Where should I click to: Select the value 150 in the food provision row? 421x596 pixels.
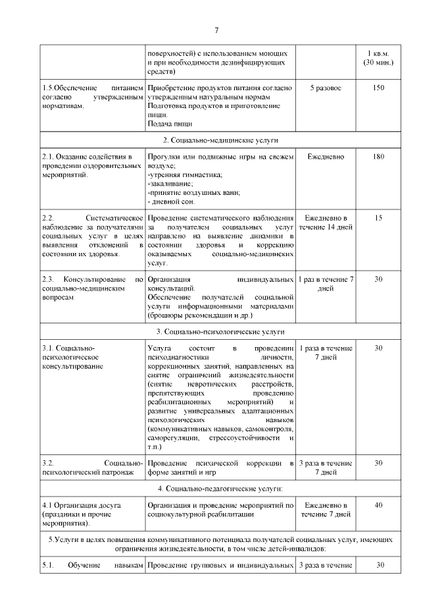point(378,88)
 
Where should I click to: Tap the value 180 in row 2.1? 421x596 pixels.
point(378,157)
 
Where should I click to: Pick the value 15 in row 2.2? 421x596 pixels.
point(378,218)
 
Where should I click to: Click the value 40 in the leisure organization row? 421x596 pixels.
point(378,505)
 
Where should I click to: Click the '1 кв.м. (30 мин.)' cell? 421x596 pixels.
point(378,57)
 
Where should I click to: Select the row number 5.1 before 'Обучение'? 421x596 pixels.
point(47,565)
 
